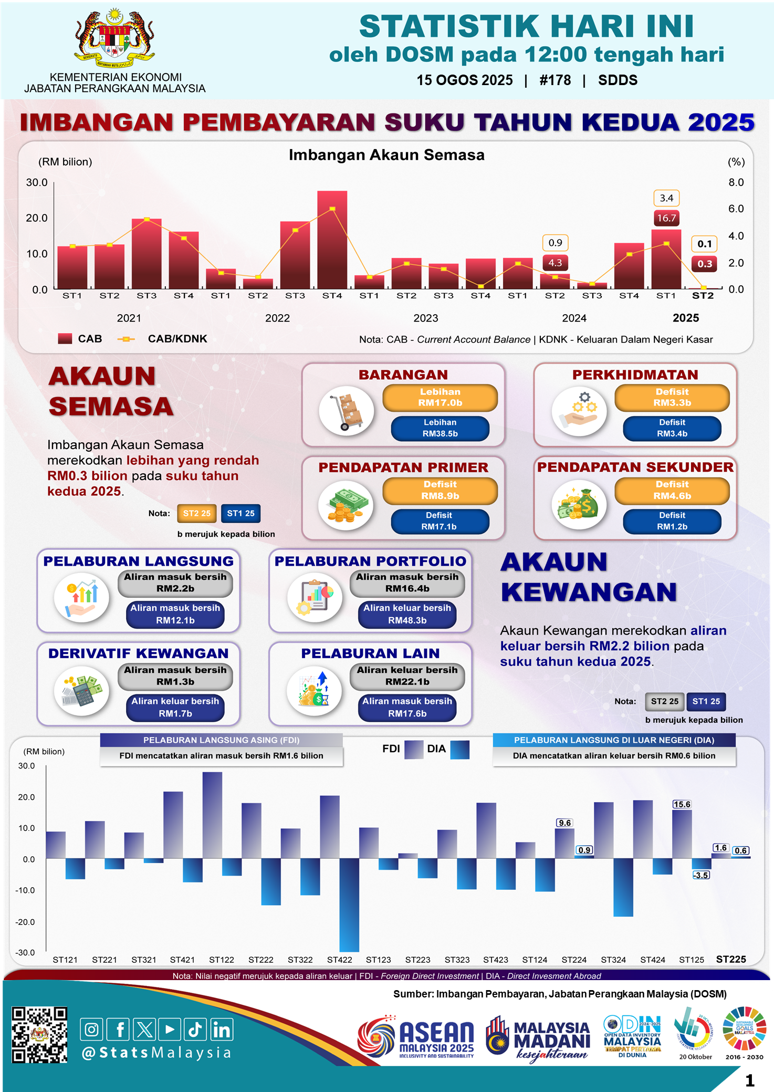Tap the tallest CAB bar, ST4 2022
click(332, 240)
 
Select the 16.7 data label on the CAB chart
click(666, 218)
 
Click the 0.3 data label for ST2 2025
click(704, 264)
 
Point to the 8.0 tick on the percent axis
click(736, 182)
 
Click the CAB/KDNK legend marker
click(126, 339)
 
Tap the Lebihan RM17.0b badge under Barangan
click(440, 398)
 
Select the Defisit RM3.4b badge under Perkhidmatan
click(672, 428)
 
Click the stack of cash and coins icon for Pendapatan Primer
click(346, 506)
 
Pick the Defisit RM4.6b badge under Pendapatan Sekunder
click(672, 490)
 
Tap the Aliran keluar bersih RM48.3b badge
click(407, 614)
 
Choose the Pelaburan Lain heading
click(370, 653)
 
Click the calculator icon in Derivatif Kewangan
click(81, 690)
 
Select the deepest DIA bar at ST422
click(349, 904)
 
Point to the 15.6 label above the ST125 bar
click(682, 804)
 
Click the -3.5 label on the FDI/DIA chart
click(701, 875)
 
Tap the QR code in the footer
click(39, 1035)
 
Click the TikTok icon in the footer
click(195, 1029)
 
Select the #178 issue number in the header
click(555, 80)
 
